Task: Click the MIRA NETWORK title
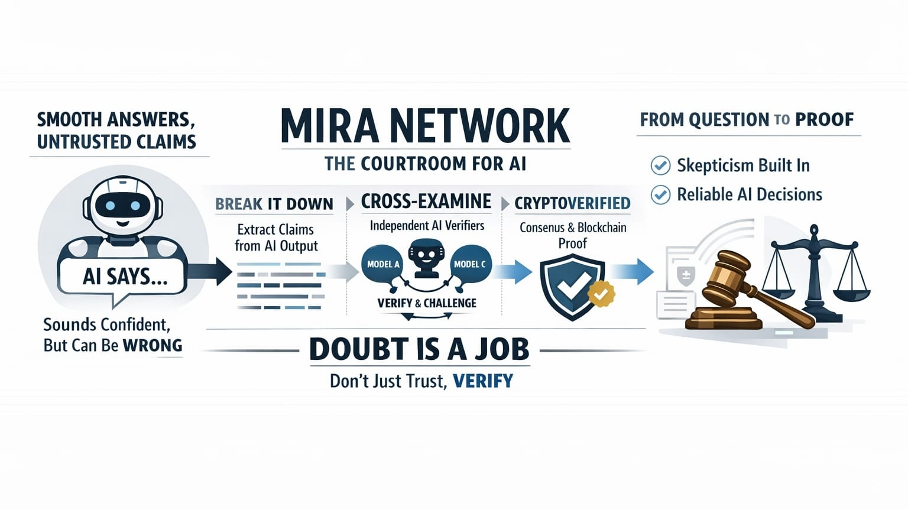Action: [425, 125]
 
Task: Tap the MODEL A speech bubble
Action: [382, 264]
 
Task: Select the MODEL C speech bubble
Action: [470, 264]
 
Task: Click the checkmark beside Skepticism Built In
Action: [660, 165]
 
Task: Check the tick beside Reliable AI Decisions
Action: [660, 194]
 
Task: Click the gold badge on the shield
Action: [602, 293]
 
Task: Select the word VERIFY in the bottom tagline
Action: [483, 381]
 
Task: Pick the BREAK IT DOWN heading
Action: [274, 204]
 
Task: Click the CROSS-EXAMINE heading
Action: [426, 202]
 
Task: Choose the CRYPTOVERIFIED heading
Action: [572, 203]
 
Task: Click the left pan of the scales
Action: [780, 290]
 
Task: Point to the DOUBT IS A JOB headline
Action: [419, 349]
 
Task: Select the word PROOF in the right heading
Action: [824, 120]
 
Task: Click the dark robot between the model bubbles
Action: [426, 258]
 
